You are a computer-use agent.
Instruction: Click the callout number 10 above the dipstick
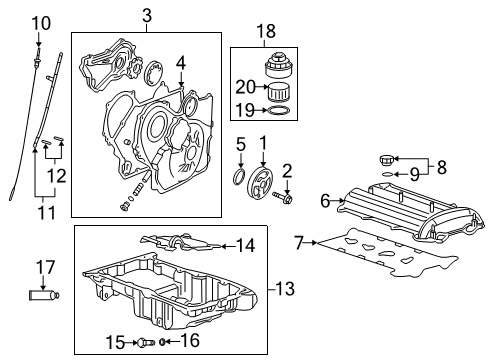click(39, 22)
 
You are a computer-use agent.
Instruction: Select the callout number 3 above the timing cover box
click(146, 16)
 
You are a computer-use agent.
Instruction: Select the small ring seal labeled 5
click(240, 180)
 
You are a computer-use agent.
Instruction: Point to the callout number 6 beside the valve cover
click(325, 201)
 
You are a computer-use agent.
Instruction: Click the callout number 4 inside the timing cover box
click(181, 63)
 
